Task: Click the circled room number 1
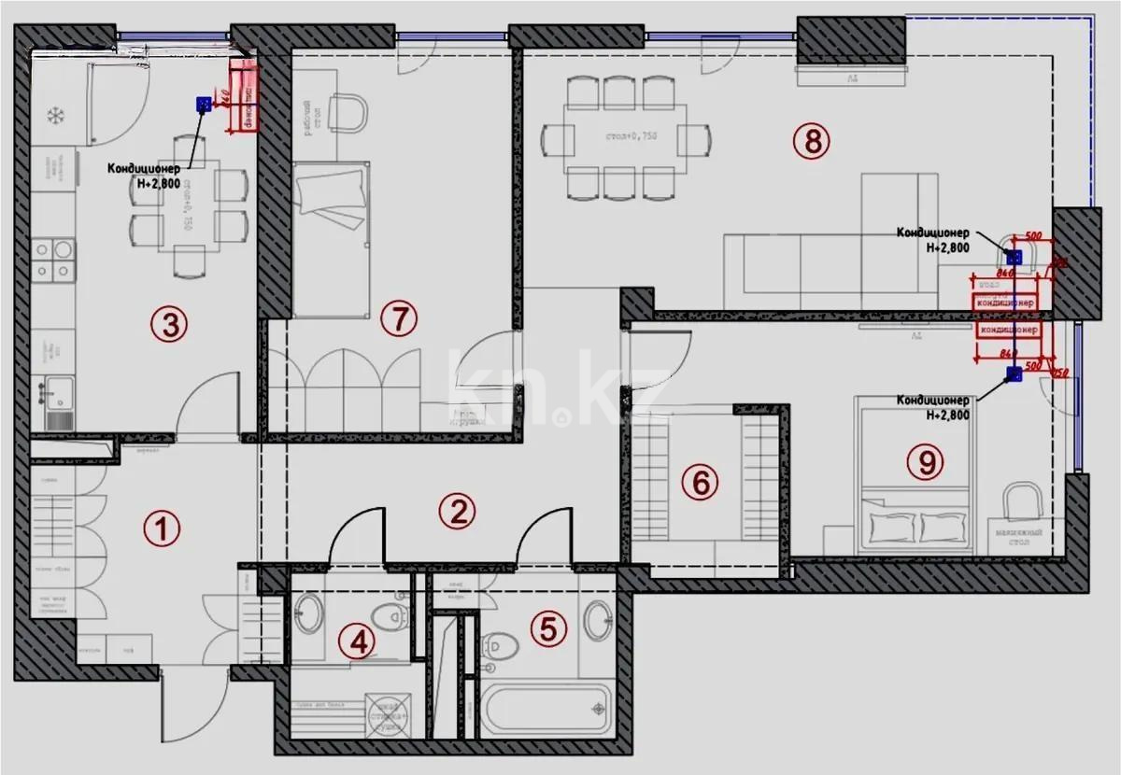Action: point(161,528)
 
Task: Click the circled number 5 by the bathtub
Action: point(548,628)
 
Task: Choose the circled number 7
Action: point(398,318)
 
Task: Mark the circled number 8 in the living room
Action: point(811,141)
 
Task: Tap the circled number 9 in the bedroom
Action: point(925,459)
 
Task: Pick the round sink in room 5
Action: point(598,616)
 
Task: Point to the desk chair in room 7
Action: point(348,113)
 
